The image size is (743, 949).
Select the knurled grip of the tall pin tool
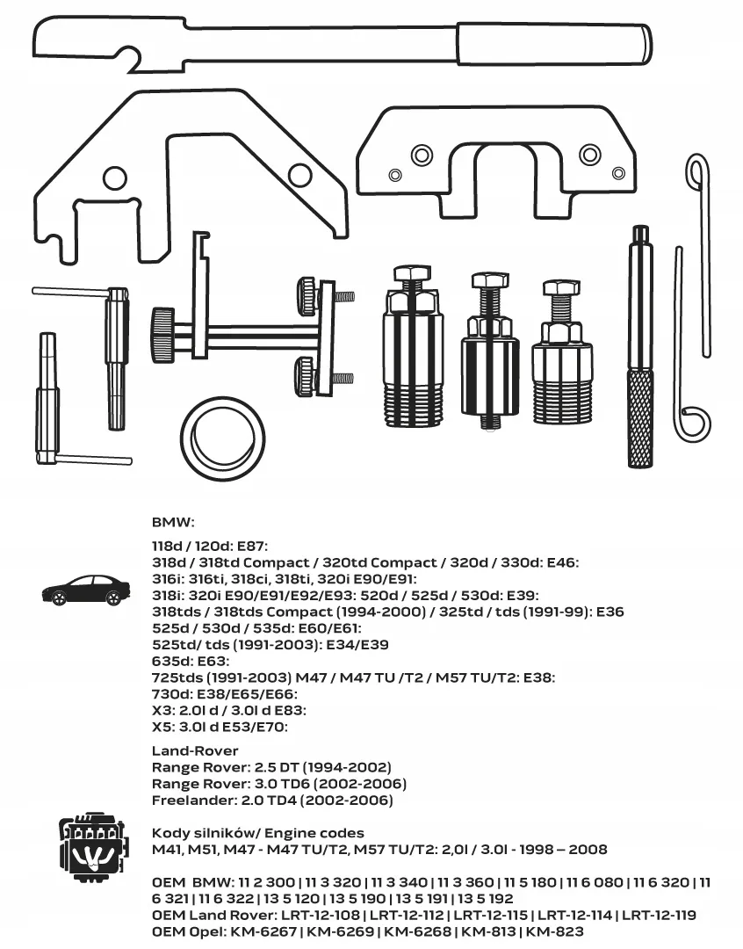(640, 417)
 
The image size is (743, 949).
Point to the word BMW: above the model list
(173, 521)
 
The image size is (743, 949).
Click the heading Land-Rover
(195, 751)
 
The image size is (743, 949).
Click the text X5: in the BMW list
(164, 726)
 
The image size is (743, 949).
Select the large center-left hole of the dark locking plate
(422, 156)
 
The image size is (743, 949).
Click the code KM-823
(555, 931)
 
